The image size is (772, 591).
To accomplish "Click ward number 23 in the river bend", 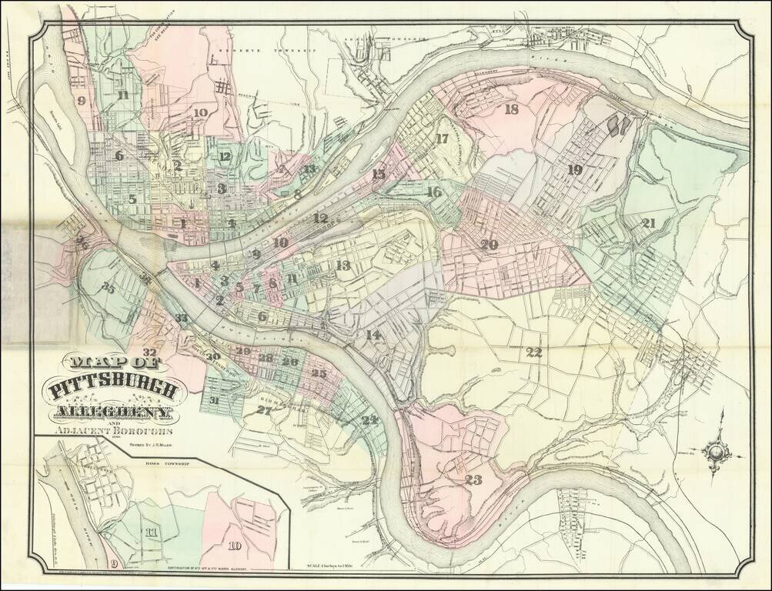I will click(473, 480).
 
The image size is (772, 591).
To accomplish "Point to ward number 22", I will click(534, 352).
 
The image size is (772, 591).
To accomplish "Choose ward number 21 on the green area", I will click(649, 223).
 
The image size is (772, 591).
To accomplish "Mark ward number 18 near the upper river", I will click(512, 109).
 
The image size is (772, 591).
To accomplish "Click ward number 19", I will click(574, 170).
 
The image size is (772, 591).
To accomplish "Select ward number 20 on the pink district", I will click(489, 245).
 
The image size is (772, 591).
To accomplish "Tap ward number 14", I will click(373, 335).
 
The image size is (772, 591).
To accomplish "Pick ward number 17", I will click(441, 139).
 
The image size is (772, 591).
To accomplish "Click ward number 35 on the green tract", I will click(108, 289).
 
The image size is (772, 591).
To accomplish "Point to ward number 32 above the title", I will click(151, 352).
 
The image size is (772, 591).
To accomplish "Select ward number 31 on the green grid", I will click(215, 400).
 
